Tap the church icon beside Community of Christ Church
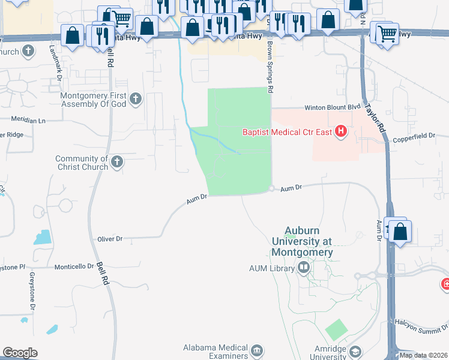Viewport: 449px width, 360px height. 116,161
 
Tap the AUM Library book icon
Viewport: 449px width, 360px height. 304,268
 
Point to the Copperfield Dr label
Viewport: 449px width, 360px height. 414,136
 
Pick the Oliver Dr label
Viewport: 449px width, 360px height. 110,239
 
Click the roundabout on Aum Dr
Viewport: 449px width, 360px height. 272,188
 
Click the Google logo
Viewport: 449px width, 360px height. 20,353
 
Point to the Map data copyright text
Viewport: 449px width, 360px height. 423,355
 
